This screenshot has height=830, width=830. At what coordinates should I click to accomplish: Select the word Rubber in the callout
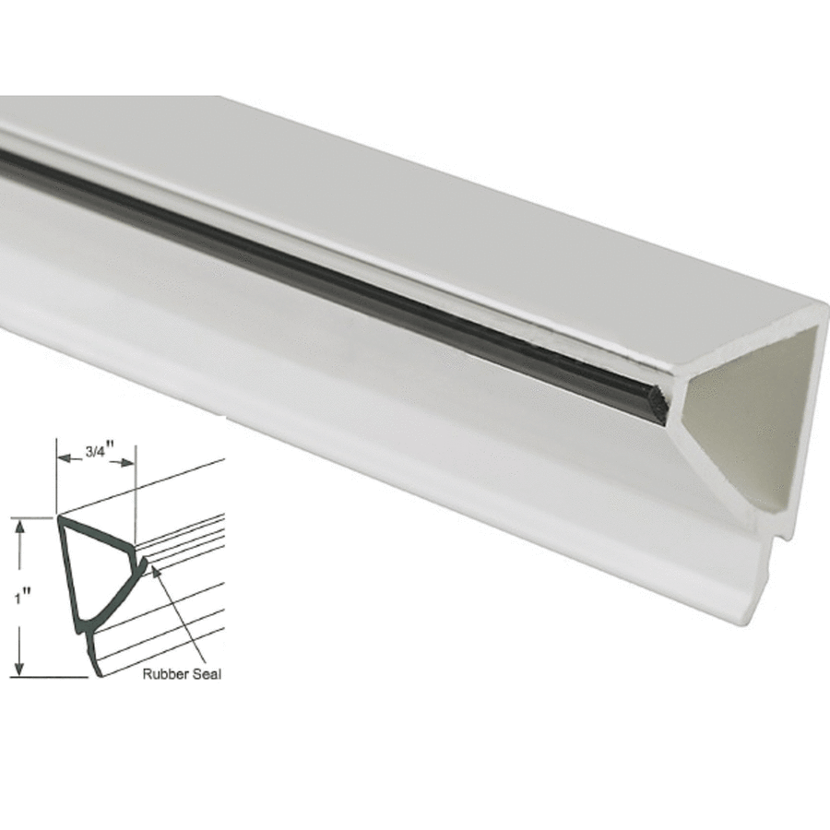tap(162, 674)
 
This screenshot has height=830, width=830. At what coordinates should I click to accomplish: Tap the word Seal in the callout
tap(206, 674)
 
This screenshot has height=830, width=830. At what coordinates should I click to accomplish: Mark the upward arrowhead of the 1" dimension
tap(19, 525)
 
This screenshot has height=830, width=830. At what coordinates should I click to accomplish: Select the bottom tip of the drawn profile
tap(98, 674)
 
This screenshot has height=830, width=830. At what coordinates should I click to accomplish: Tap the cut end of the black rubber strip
tap(657, 404)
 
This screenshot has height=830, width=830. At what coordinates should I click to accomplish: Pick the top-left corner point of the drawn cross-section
tap(60, 519)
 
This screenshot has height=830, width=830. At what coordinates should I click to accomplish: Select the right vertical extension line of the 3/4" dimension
tap(135, 498)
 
